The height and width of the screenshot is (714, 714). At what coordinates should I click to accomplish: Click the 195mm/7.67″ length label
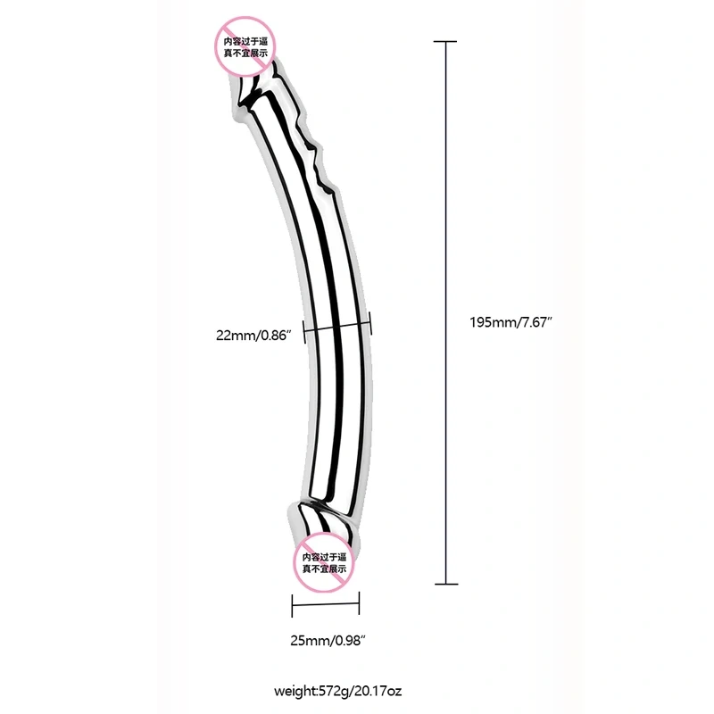click(x=511, y=322)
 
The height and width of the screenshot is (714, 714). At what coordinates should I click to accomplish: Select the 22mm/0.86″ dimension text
click(x=253, y=336)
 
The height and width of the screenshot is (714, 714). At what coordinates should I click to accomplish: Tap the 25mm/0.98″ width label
click(x=328, y=641)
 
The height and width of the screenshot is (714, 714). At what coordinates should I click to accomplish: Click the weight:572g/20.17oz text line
click(x=338, y=691)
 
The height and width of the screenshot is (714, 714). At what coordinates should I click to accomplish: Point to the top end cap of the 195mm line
click(x=444, y=41)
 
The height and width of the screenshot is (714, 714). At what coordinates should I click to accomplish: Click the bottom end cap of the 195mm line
click(x=446, y=584)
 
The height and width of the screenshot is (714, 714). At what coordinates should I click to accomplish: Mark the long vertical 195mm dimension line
click(x=445, y=312)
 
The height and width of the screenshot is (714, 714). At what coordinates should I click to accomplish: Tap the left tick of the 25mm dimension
click(x=292, y=605)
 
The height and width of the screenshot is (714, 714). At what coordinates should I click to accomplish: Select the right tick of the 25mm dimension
click(x=360, y=603)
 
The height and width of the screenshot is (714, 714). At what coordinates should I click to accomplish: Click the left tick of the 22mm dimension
click(x=303, y=330)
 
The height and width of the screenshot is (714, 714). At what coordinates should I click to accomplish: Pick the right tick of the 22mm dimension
click(x=370, y=323)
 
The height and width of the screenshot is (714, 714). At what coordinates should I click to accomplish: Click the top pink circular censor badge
click(x=245, y=46)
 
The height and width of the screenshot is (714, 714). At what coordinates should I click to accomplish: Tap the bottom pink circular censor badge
click(x=324, y=562)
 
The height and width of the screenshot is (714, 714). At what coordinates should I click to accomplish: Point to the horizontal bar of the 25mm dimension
click(x=326, y=605)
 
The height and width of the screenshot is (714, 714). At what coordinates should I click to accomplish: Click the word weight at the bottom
click(x=295, y=691)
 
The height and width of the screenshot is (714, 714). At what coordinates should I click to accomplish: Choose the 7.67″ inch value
click(x=537, y=322)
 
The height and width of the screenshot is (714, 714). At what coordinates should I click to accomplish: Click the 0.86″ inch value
click(x=276, y=336)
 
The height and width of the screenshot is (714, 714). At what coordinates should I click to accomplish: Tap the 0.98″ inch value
click(x=351, y=641)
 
